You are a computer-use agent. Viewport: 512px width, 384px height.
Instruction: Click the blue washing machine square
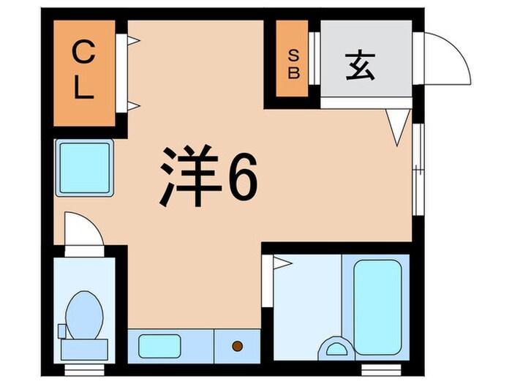click(x=83, y=166)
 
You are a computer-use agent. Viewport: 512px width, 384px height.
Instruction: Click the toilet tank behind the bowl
click(x=83, y=350)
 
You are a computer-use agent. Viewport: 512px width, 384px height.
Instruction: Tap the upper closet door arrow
click(x=132, y=42)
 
